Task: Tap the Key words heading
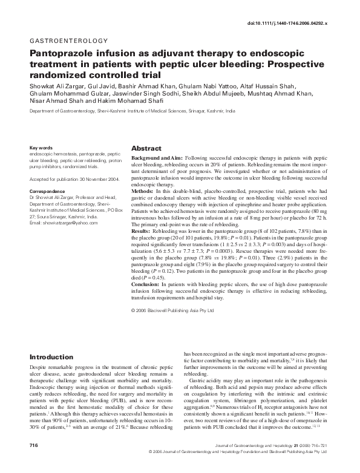pos(41,147)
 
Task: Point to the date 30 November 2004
pos(96,180)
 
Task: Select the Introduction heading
pos(51,357)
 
